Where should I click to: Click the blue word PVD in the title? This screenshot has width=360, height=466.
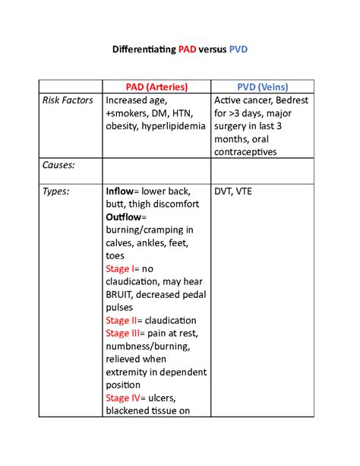tap(238, 49)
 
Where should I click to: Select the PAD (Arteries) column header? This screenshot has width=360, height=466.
tap(156, 87)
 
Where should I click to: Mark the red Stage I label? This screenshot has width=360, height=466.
tap(122, 269)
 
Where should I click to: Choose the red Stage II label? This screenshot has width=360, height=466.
tap(123, 321)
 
